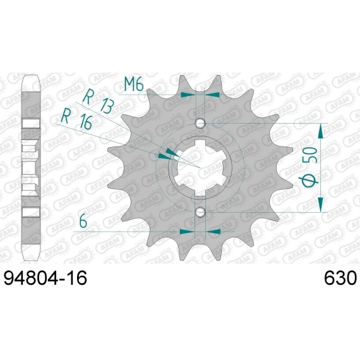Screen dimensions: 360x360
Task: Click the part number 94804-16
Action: pyautogui.click(x=45, y=278)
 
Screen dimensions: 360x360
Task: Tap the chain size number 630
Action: pyautogui.click(x=340, y=278)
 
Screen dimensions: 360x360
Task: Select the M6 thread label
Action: pyautogui.click(x=134, y=84)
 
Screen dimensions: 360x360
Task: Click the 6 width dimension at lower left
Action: pyautogui.click(x=83, y=222)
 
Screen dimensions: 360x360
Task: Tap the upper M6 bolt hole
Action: pyautogui.click(x=200, y=123)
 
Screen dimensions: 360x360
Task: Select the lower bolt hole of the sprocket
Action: pyautogui.click(x=200, y=212)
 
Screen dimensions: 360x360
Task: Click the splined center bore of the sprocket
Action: pyautogui.click(x=200, y=167)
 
